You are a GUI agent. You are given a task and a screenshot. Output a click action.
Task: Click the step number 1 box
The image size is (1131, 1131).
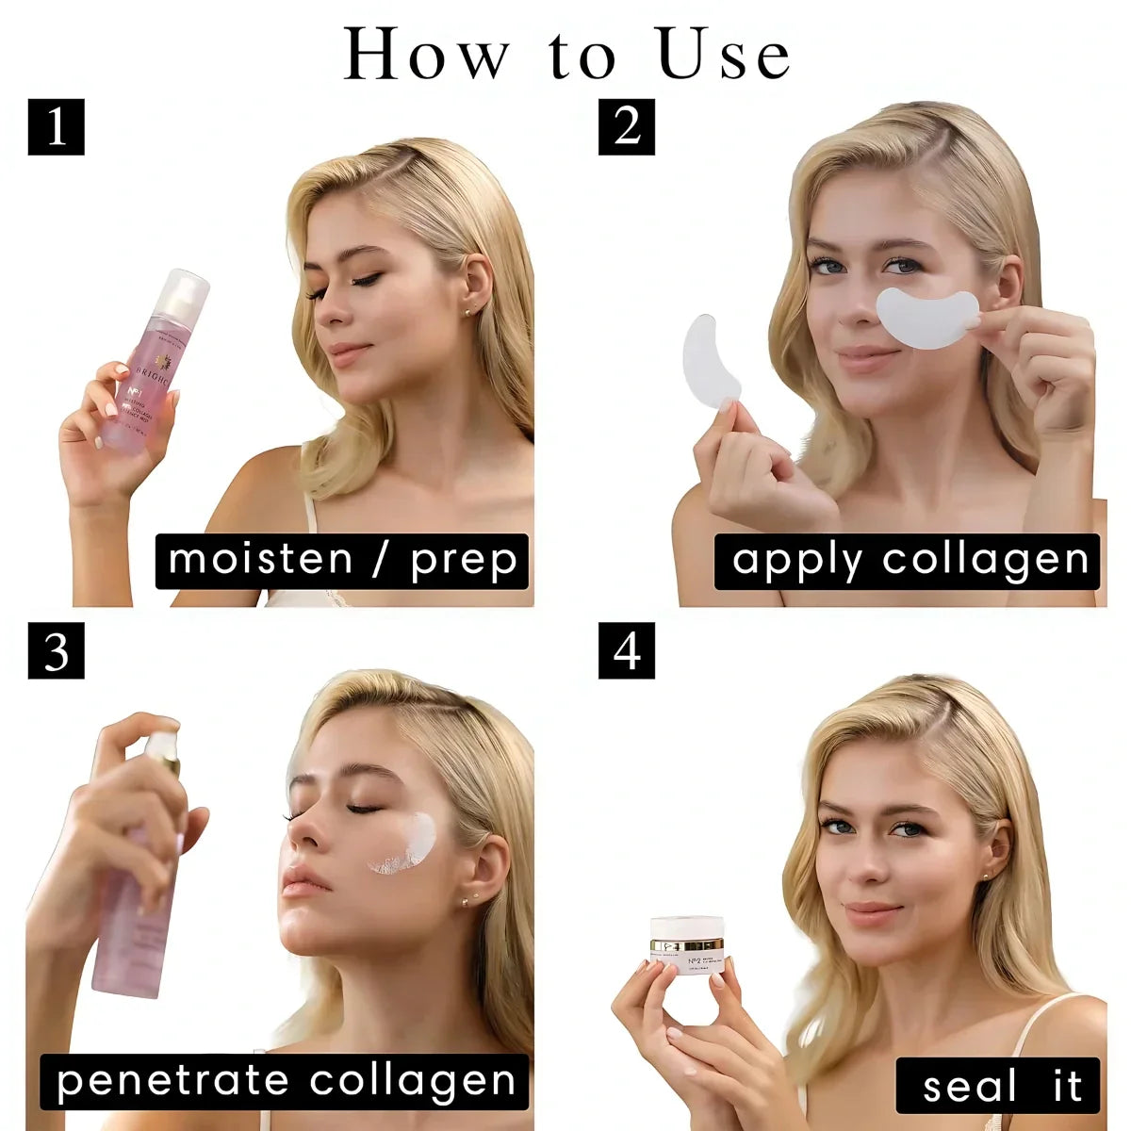[57, 126]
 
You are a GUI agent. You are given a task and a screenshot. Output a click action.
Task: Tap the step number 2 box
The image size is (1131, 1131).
[627, 126]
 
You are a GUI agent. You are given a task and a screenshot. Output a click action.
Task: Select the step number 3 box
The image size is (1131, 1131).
[57, 650]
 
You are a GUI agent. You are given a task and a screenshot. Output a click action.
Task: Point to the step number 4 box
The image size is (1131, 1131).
[627, 650]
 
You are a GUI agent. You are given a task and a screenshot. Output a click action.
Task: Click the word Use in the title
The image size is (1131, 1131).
[724, 55]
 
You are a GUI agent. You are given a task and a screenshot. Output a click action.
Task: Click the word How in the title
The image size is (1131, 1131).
[424, 55]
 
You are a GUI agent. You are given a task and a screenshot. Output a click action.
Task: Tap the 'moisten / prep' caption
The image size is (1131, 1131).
[342, 561]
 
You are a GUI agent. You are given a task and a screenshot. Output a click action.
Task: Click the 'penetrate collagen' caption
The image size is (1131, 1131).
[286, 1081]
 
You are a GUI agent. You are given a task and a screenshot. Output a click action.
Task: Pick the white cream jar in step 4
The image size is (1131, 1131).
[686, 944]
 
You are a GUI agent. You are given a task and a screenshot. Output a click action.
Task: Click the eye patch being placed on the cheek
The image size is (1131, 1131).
[928, 319]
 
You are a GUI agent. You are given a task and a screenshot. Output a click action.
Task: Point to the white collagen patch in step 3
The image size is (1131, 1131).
[407, 844]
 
